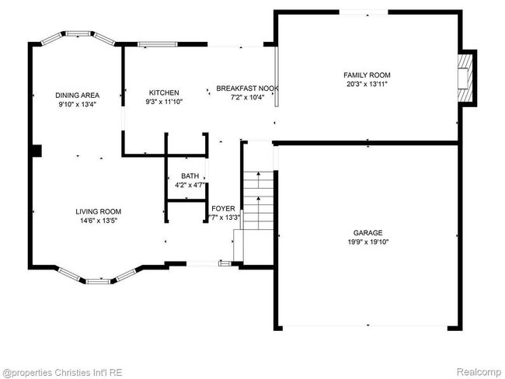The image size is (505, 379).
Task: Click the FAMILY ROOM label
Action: (x=367, y=75)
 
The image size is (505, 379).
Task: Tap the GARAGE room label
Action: (x=367, y=233)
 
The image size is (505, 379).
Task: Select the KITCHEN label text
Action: (x=164, y=92)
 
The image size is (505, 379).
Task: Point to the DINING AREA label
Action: (x=77, y=96)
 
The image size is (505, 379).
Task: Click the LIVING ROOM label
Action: (x=98, y=211)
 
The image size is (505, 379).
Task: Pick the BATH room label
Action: (x=190, y=176)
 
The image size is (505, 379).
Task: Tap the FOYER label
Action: (x=223, y=209)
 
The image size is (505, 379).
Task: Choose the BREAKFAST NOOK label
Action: (x=247, y=89)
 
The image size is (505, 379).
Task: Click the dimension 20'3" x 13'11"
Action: (x=367, y=85)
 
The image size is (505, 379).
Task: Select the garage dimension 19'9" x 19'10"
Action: (x=367, y=242)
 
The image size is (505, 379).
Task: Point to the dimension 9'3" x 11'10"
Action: (x=164, y=102)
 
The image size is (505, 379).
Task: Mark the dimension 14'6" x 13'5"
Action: (x=98, y=221)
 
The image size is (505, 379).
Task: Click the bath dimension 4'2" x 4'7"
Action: (x=190, y=185)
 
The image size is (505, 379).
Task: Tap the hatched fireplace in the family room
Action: (x=465, y=78)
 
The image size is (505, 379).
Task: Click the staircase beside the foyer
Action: (x=258, y=200)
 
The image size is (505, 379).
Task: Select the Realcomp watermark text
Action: (x=479, y=372)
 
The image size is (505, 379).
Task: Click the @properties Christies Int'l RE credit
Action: (x=62, y=373)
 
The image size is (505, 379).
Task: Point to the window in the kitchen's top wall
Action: (x=158, y=44)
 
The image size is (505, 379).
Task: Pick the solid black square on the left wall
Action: (x=37, y=151)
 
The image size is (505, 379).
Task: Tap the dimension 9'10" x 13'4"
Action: (x=77, y=104)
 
